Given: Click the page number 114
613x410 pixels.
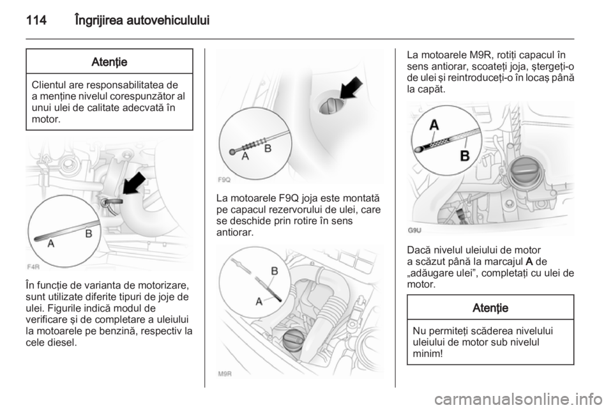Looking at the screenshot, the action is click(36, 20).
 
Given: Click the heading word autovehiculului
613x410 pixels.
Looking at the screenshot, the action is click(168, 20).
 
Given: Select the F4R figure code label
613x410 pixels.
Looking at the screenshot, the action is click(33, 267).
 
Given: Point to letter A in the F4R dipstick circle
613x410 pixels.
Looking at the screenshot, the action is click(51, 243).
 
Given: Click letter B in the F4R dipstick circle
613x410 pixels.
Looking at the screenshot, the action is click(89, 234).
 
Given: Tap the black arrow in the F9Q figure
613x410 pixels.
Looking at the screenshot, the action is click(351, 87).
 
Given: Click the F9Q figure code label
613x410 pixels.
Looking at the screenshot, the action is click(224, 180).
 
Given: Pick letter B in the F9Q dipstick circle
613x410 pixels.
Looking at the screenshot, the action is click(268, 149).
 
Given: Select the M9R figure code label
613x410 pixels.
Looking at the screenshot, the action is click(225, 374).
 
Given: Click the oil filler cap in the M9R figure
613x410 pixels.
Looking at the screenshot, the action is click(294, 340).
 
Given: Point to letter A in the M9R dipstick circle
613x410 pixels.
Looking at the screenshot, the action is click(259, 301).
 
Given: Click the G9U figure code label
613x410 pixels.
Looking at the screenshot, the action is click(415, 230).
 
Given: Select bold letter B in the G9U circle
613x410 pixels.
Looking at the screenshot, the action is click(465, 156).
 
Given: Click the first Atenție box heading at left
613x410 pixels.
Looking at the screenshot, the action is click(109, 62).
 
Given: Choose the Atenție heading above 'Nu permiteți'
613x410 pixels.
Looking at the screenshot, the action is click(490, 308).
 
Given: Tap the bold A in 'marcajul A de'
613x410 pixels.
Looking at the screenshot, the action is click(530, 261).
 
